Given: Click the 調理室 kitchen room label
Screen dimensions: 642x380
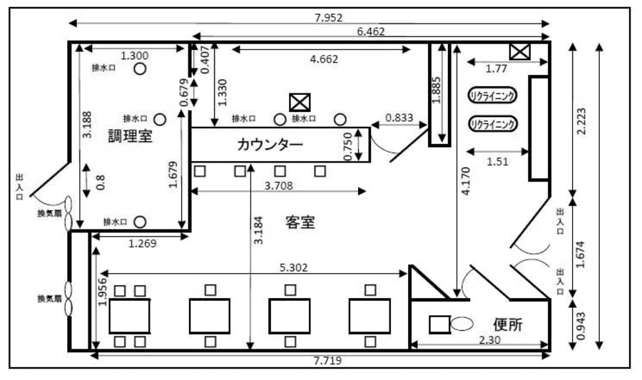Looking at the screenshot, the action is point(131,135).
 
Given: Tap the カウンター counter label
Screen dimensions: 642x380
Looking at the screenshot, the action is point(270,145).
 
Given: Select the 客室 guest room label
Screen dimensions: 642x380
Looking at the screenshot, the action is point(300,222).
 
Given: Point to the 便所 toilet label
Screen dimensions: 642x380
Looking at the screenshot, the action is point(508,324).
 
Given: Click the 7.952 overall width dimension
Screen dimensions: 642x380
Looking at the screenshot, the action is point(328,18).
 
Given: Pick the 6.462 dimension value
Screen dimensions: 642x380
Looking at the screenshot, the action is point(370,31).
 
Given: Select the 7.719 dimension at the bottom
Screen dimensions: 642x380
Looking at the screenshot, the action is point(327,361).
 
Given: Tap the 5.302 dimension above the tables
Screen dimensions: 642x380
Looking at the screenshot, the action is point(294,267).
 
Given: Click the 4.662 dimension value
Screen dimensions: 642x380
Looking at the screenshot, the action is point(324,59).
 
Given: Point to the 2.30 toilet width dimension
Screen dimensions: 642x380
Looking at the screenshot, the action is point(489,340).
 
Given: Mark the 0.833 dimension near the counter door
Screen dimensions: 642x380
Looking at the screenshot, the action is point(399,118).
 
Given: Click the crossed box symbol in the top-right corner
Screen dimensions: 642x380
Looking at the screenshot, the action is point(520,52).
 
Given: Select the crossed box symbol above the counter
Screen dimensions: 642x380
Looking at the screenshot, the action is point(300,102).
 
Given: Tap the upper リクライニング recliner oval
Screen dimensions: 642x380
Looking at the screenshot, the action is point(492,96).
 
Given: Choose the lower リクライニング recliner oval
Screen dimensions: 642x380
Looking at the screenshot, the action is point(492,123).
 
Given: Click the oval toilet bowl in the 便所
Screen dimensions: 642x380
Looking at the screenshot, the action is point(462,324).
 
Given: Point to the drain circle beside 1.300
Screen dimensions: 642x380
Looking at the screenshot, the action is point(140,68).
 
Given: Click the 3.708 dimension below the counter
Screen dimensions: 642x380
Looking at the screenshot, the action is point(278,185).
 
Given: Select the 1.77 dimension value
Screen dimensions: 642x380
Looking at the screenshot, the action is point(496,68).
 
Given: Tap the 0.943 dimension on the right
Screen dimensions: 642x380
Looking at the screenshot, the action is point(581,326).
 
